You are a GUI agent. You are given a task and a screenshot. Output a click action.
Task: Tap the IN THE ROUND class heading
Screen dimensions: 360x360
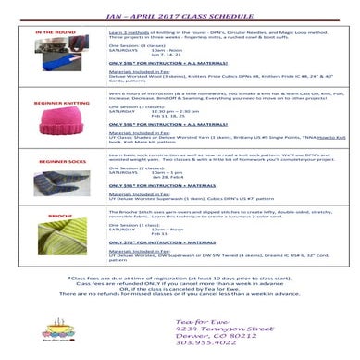pos(56,32)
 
